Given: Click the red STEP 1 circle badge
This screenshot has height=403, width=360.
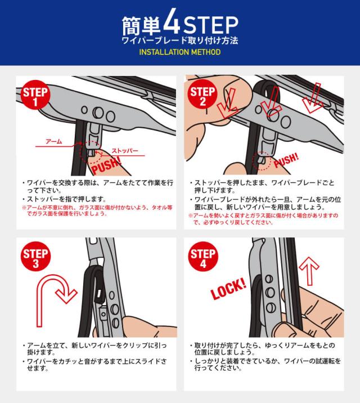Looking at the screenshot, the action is pyautogui.click(x=35, y=95).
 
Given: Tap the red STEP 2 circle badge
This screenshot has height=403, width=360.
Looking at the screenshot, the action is pyautogui.click(x=202, y=94).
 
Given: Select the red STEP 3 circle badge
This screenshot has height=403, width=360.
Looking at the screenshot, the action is pyautogui.click(x=35, y=256).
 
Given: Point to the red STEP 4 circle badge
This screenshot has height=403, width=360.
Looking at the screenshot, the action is pyautogui.click(x=203, y=256).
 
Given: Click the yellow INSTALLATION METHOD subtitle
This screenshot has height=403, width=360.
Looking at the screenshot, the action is pyautogui.click(x=180, y=52).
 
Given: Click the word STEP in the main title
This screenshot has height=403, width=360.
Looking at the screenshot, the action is pyautogui.click(x=210, y=25).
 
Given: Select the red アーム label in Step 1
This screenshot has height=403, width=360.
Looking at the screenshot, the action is pyautogui.click(x=53, y=141).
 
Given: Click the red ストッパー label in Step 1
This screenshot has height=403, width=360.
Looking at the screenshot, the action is pyautogui.click(x=124, y=151).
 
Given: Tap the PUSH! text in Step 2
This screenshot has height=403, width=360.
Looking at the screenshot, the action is pyautogui.click(x=286, y=160).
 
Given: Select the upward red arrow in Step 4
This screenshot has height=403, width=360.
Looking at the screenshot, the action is pyautogui.click(x=309, y=271).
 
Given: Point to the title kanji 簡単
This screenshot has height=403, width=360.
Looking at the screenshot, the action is pyautogui.click(x=141, y=25).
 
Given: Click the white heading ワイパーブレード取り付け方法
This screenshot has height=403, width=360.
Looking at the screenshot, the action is pyautogui.click(x=180, y=41).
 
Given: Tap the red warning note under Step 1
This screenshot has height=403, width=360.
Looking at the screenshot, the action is pyautogui.click(x=97, y=211).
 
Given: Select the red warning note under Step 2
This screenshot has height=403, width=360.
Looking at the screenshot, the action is pyautogui.click(x=263, y=219).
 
